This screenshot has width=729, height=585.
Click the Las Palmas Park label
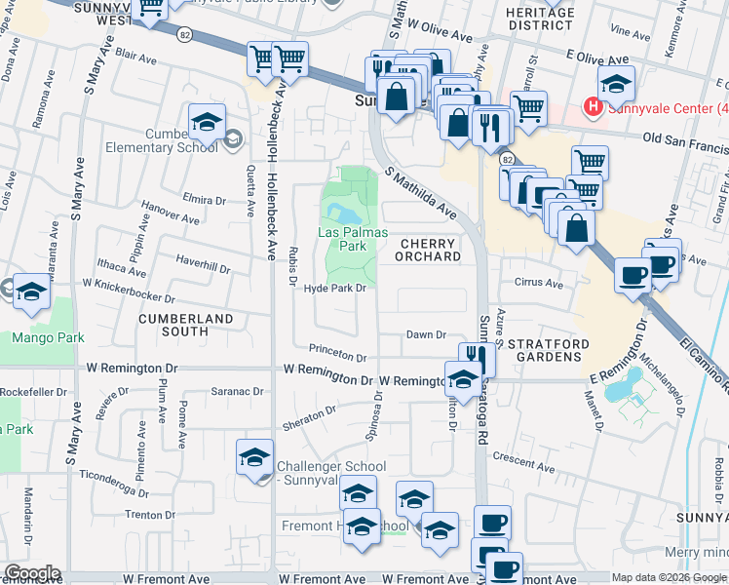(x=353, y=240)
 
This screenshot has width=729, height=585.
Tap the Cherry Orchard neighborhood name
(x=429, y=250)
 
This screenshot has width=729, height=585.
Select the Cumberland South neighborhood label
(x=186, y=325)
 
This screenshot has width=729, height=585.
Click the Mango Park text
(x=48, y=338)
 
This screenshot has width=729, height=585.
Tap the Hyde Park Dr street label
(x=334, y=289)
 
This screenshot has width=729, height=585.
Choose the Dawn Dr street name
(x=426, y=334)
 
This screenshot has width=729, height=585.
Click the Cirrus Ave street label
(x=540, y=284)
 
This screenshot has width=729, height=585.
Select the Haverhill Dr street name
(x=202, y=264)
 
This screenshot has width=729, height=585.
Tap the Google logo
(x=32, y=572)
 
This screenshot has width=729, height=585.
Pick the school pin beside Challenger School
(x=254, y=456)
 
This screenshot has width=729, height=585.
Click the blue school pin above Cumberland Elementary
(x=208, y=122)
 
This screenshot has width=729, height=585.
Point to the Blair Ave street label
(x=136, y=57)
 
